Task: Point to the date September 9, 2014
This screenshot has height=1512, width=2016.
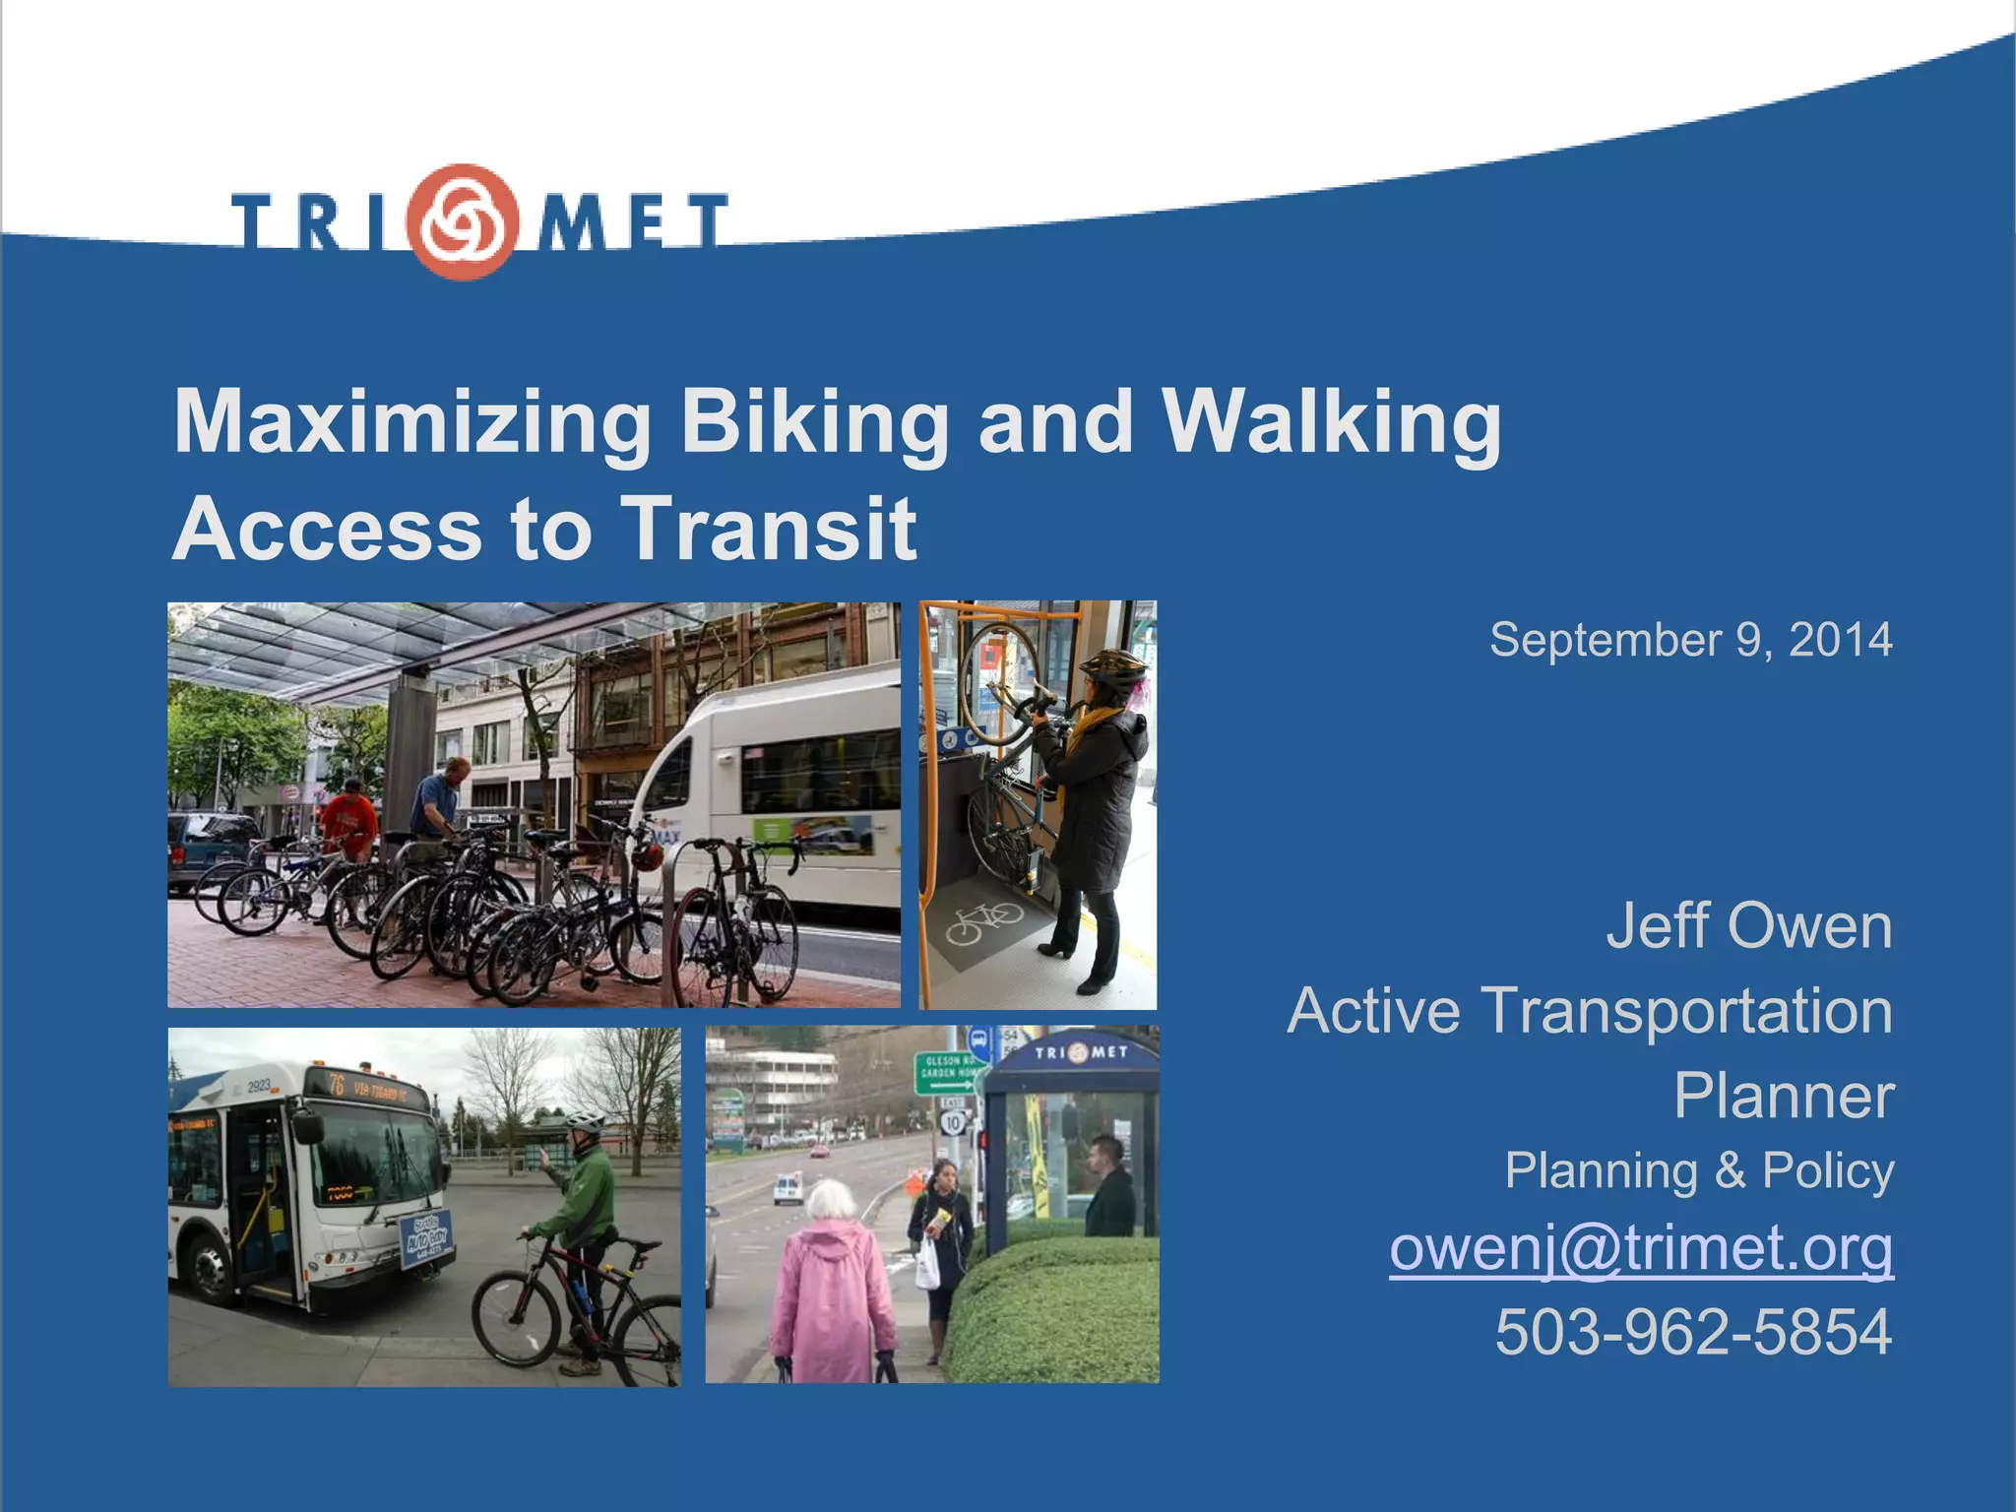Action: pyautogui.click(x=1690, y=640)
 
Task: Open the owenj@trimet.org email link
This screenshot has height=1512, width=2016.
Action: pyautogui.click(x=1641, y=1248)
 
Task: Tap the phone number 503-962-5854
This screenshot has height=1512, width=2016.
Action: pyautogui.click(x=1693, y=1332)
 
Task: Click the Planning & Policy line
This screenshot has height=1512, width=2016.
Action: pyautogui.click(x=1699, y=1170)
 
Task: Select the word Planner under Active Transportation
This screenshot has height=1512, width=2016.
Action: pyautogui.click(x=1783, y=1096)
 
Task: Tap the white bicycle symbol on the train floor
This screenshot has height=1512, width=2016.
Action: pyautogui.click(x=984, y=923)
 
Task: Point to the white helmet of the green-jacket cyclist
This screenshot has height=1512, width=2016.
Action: pyautogui.click(x=585, y=1121)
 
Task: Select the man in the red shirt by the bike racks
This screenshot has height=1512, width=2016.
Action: pyautogui.click(x=349, y=817)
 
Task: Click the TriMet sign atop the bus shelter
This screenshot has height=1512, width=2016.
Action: pyautogui.click(x=1081, y=1052)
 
